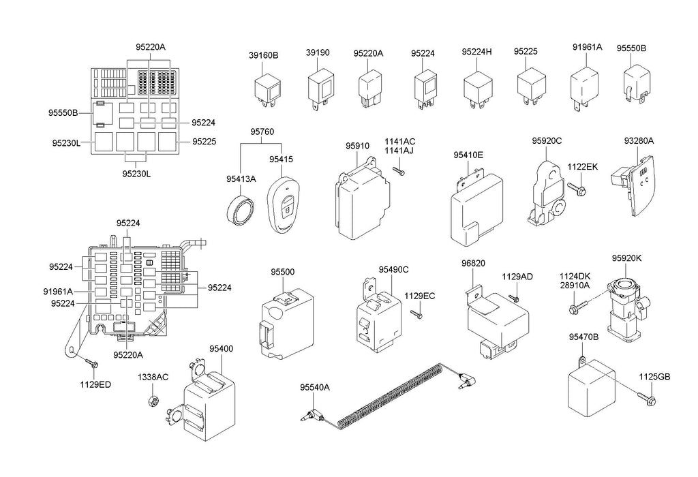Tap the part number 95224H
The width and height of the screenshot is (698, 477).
click(476, 52)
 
